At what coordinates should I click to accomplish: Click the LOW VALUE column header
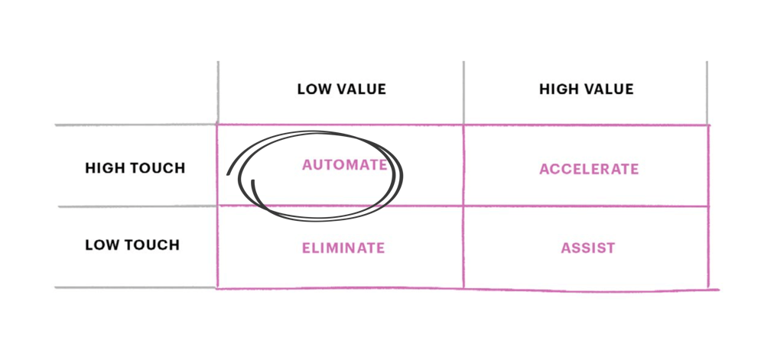click(x=341, y=89)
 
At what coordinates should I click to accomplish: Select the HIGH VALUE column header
click(x=586, y=89)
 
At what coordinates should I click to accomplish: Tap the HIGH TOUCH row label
click(x=135, y=168)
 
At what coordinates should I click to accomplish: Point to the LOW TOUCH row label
click(x=132, y=245)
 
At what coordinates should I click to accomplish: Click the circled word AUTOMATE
click(x=344, y=165)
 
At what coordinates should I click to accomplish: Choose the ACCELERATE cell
click(x=588, y=169)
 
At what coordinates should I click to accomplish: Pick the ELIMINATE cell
click(x=343, y=248)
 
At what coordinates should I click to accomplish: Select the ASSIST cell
click(x=587, y=248)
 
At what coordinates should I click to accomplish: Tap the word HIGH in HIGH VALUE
click(x=557, y=89)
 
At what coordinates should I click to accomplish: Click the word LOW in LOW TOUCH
click(x=99, y=245)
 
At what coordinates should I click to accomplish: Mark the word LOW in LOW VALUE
click(x=312, y=89)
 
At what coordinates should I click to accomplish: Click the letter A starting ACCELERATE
click(x=544, y=169)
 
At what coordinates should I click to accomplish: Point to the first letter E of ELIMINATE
click(x=305, y=248)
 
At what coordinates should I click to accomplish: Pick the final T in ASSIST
click(x=611, y=248)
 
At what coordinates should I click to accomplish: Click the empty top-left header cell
click(x=136, y=92)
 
